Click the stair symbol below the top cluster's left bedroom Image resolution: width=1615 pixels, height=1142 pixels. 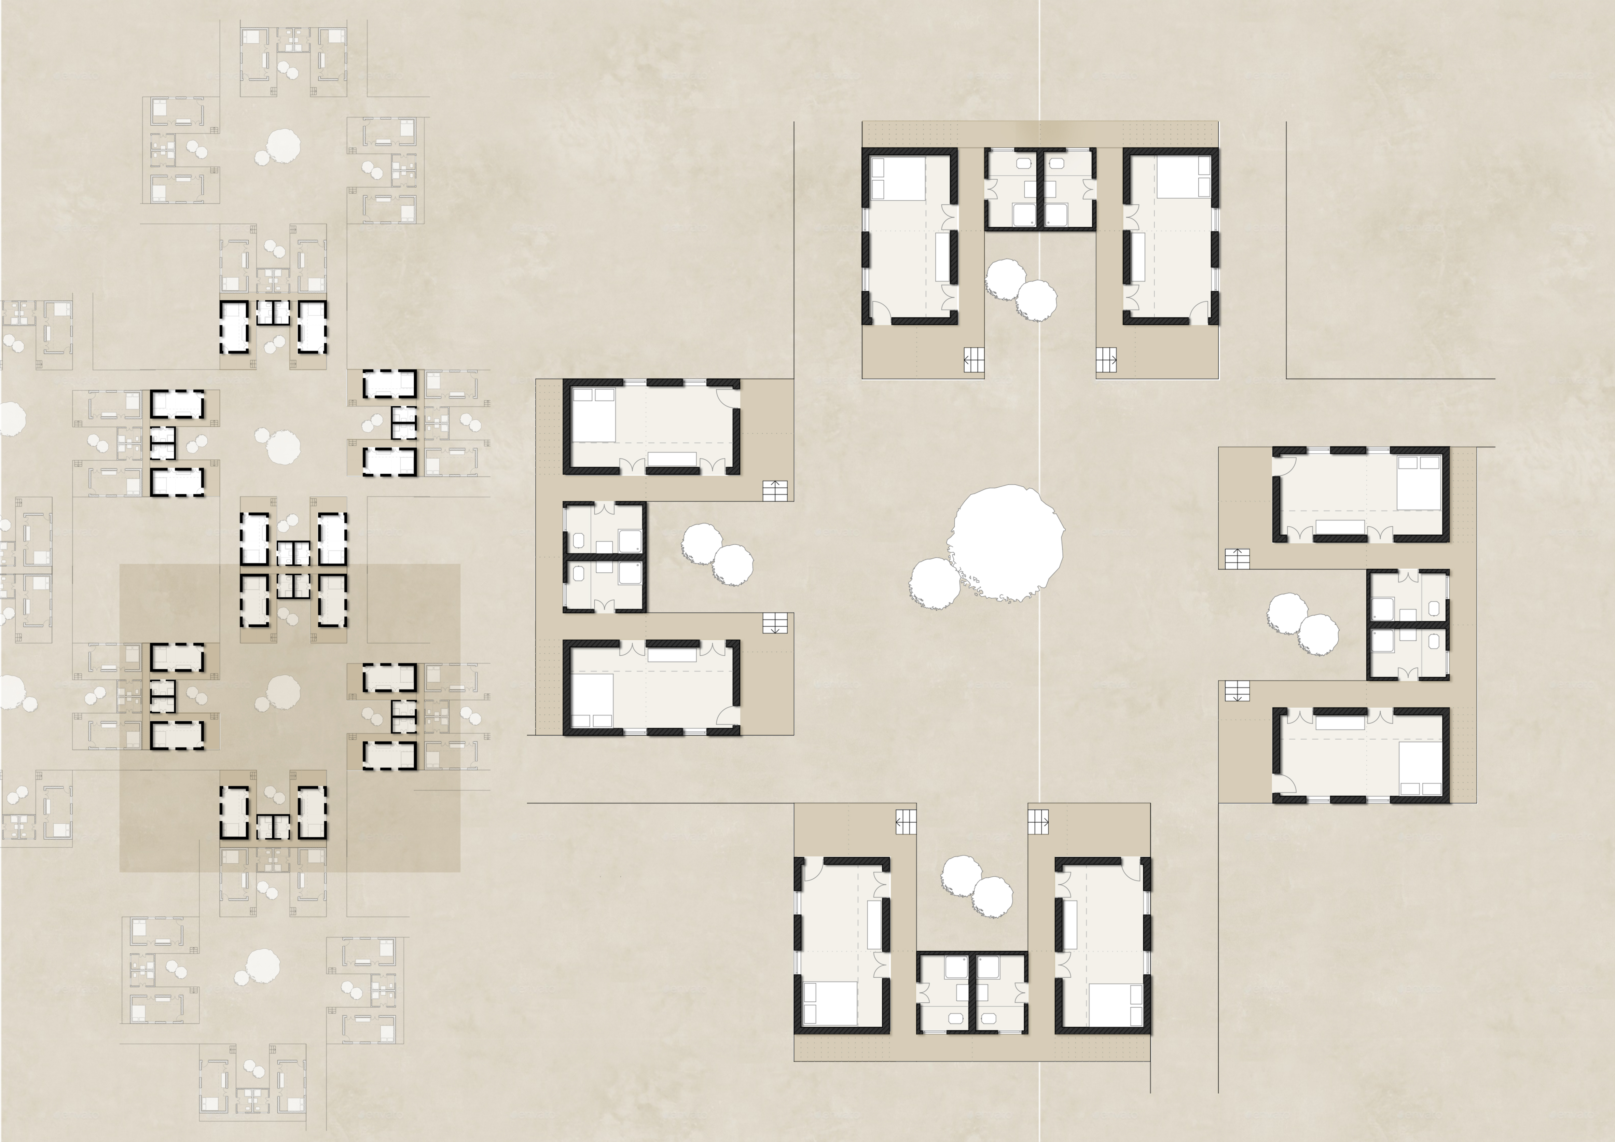[x=973, y=360]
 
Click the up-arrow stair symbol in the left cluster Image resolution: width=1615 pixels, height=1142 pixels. [x=774, y=491]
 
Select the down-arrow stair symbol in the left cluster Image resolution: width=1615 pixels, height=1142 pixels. [x=774, y=623]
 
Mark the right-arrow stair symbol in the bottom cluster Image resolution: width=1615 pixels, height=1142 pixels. [x=1038, y=821]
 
